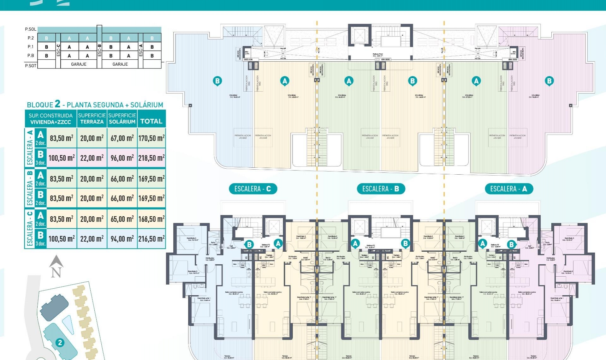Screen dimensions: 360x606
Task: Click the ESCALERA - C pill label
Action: point(252,189)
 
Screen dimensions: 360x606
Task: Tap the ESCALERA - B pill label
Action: point(381,189)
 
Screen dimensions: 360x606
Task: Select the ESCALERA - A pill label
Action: point(508,189)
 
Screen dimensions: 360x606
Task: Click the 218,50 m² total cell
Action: point(151,158)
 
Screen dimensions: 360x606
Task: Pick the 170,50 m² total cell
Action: point(151,138)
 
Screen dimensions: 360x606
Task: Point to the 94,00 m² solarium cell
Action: point(122,239)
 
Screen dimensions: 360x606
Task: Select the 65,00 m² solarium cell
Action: point(122,219)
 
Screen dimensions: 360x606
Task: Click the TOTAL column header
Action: point(151,121)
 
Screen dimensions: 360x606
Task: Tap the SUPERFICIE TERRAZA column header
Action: point(92,118)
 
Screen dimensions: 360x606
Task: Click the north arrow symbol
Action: point(56,267)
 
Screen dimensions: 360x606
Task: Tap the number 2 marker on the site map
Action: point(60,343)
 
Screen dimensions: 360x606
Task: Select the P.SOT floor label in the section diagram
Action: point(31,66)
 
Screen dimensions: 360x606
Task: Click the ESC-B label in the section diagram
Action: point(99,50)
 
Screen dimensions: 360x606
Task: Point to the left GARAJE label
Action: point(79,64)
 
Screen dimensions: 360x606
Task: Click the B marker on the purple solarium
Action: point(549,81)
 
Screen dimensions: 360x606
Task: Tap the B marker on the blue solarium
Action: point(217,81)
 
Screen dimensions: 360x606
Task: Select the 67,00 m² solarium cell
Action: point(122,138)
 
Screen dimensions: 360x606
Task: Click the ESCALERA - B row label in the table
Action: point(30,189)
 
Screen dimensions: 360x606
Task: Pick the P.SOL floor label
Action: point(31,29)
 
